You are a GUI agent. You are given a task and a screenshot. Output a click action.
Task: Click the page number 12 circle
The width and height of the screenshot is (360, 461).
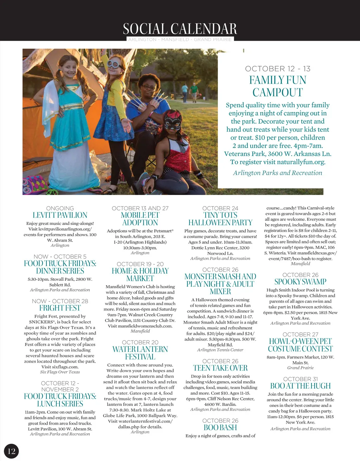coord(11,451)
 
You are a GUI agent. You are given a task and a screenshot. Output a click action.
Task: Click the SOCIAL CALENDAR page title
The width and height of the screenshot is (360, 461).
coord(180,29)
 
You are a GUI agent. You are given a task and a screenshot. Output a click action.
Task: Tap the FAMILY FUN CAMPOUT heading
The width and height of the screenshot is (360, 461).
coord(277,86)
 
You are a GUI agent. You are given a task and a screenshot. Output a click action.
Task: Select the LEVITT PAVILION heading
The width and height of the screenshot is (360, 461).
coord(60,215)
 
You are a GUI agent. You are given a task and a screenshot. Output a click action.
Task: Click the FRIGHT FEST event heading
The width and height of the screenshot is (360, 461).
coord(60,308)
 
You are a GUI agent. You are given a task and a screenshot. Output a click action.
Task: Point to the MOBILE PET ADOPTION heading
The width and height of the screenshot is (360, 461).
coord(140,219)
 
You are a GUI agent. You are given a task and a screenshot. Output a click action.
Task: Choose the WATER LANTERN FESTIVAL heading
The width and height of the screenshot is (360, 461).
coord(140,353)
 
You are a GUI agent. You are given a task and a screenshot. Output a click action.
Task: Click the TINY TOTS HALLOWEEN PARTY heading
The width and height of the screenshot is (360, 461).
coord(220,219)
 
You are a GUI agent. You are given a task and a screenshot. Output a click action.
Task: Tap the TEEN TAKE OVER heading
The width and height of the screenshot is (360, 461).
coord(220,368)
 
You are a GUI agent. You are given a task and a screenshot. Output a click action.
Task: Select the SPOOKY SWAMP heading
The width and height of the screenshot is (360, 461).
coord(300,281)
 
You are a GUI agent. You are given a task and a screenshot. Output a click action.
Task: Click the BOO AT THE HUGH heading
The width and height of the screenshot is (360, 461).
coord(300,386)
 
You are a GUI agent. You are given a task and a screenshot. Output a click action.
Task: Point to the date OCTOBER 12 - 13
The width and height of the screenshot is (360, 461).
coord(277,69)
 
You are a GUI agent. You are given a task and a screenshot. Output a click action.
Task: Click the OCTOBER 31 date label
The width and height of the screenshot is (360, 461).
coord(300,379)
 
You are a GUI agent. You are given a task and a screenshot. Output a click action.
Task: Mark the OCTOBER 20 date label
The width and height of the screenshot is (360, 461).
coord(140,342)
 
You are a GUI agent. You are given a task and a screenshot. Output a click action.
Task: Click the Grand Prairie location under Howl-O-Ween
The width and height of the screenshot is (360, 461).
coord(300,368)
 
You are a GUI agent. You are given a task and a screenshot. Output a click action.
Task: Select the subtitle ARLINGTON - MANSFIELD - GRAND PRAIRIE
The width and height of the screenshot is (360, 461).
coord(180,39)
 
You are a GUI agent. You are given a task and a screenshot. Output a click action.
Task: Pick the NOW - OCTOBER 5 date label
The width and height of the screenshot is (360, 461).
coord(60,257)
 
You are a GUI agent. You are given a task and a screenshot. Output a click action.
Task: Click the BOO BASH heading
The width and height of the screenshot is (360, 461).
coord(220,428)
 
